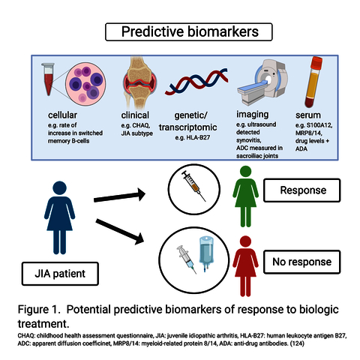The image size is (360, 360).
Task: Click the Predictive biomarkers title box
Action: pyautogui.click(x=189, y=31)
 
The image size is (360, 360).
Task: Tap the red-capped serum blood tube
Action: pyautogui.click(x=313, y=82)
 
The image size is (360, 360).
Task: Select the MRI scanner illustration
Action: pyautogui.click(x=262, y=82)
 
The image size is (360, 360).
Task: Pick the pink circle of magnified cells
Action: pyautogui.click(x=85, y=84)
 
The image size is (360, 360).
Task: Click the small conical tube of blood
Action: pyautogui.click(x=48, y=79)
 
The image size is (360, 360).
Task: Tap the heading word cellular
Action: pyautogui.click(x=62, y=115)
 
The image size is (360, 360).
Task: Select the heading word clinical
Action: pyautogui.click(x=135, y=115)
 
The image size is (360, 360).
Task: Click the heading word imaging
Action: pyautogui.click(x=253, y=115)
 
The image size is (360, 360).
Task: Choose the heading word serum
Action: pyautogui.click(x=308, y=115)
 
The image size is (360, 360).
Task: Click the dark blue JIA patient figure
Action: pyautogui.click(x=59, y=217)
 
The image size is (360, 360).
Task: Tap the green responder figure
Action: pyautogui.click(x=245, y=196)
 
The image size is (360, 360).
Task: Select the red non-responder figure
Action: pyautogui.click(x=245, y=266)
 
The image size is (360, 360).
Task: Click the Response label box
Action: pyautogui.click(x=302, y=190)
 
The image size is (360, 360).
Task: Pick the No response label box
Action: pyautogui.click(x=302, y=262)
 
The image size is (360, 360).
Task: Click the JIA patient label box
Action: pyautogui.click(x=60, y=274)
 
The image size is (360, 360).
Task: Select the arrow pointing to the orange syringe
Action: pyautogui.click(x=119, y=196)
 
